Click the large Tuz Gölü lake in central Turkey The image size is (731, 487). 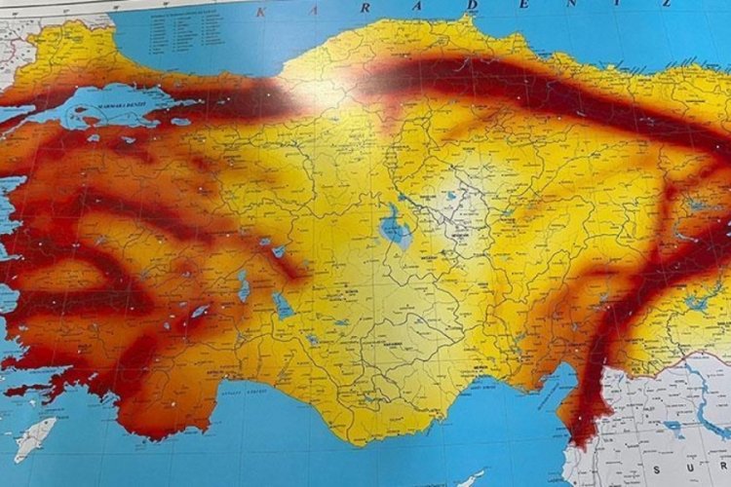(x=395, y=228)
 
